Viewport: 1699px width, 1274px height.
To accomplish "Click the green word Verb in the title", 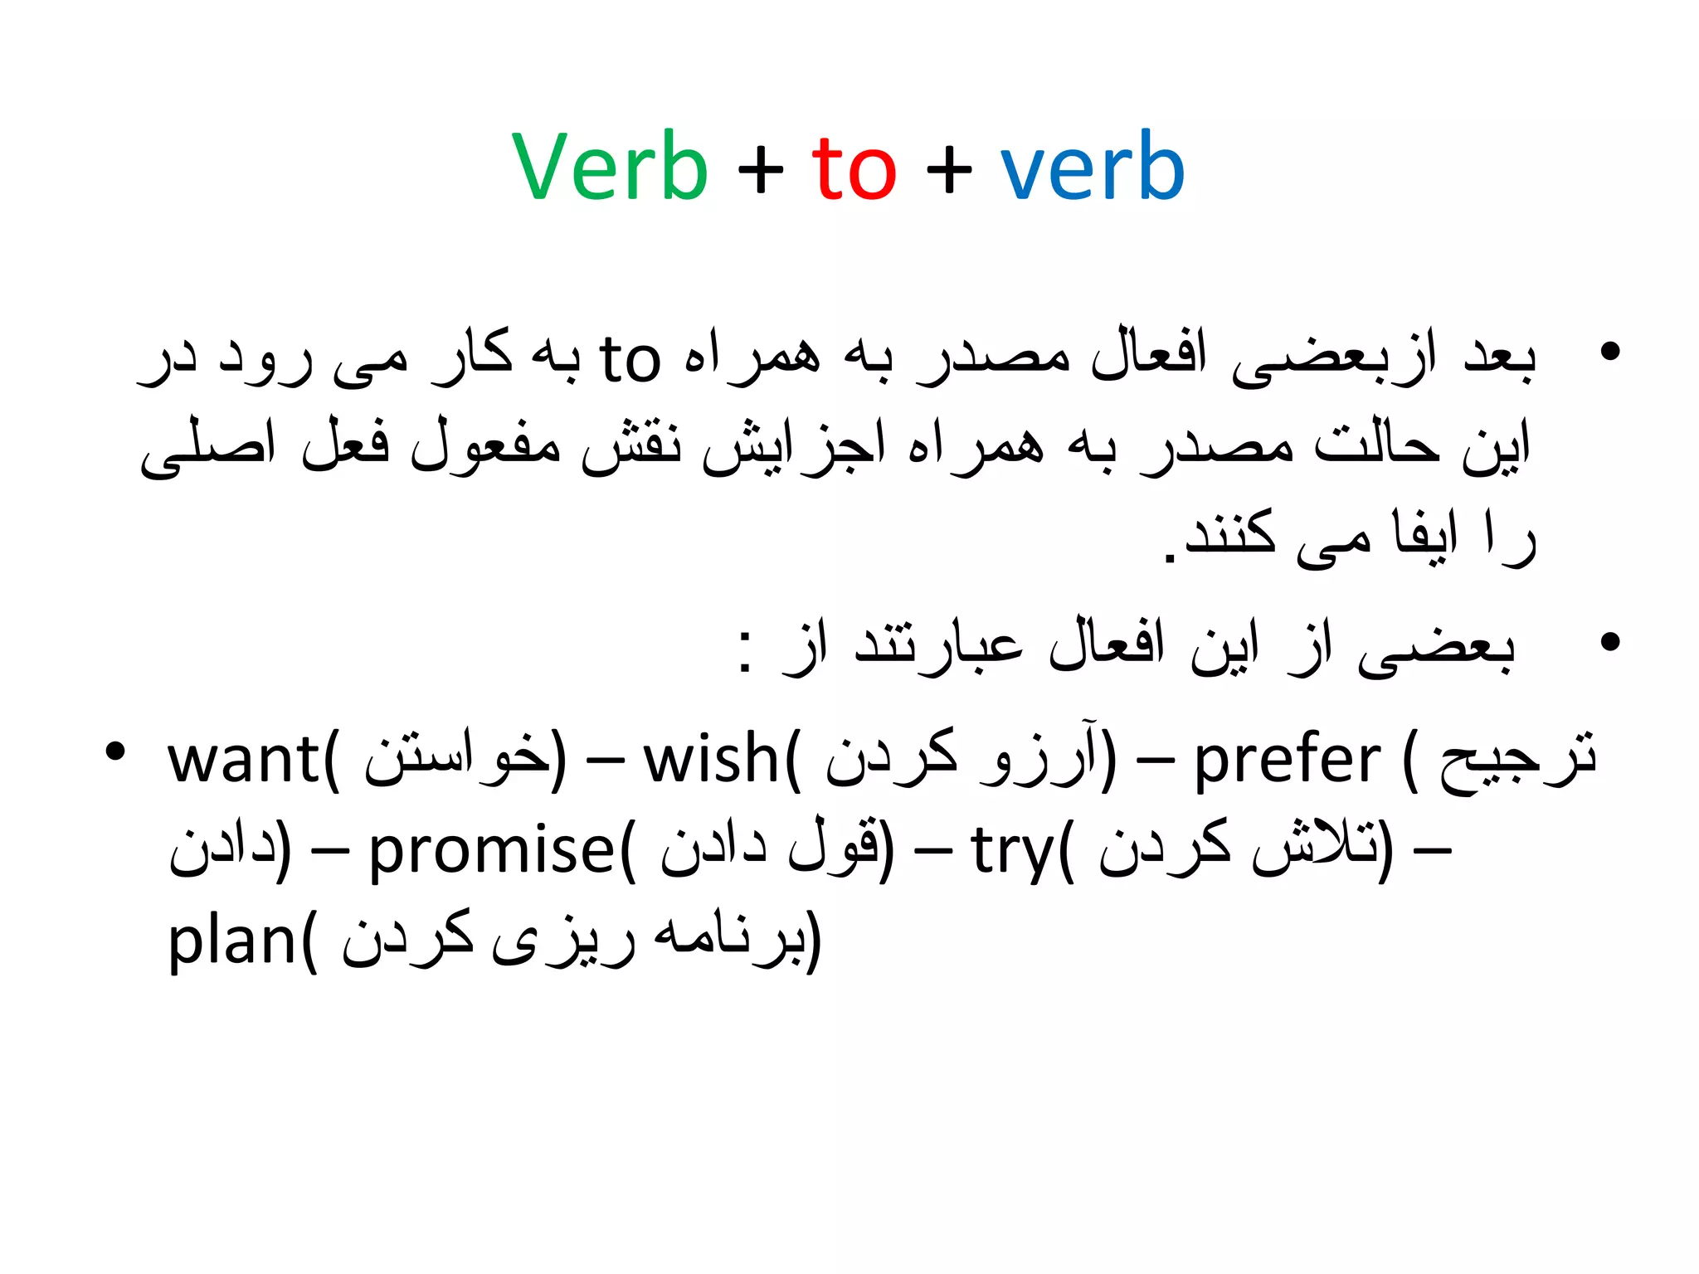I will (x=610, y=168).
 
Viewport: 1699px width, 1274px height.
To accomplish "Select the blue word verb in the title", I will (x=1093, y=168).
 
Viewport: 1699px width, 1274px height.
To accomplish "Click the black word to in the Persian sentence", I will (x=630, y=359).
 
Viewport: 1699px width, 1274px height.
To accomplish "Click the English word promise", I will (x=490, y=851).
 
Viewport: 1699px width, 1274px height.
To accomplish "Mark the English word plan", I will (x=231, y=942).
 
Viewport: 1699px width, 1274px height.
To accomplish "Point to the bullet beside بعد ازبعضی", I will (x=1609, y=352).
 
